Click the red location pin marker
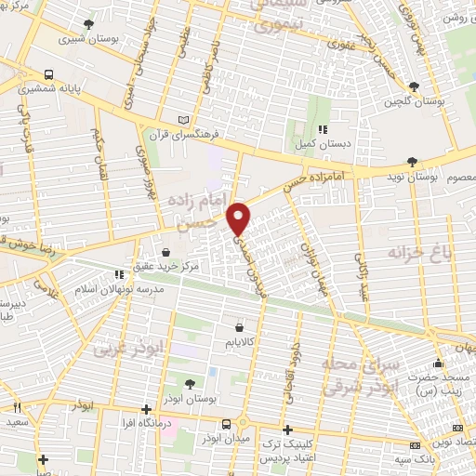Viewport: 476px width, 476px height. coord(240,218)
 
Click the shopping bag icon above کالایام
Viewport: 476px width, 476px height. coord(241,327)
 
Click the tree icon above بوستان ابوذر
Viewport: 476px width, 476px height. coord(190,383)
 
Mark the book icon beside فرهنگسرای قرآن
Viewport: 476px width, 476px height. coord(183,121)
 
